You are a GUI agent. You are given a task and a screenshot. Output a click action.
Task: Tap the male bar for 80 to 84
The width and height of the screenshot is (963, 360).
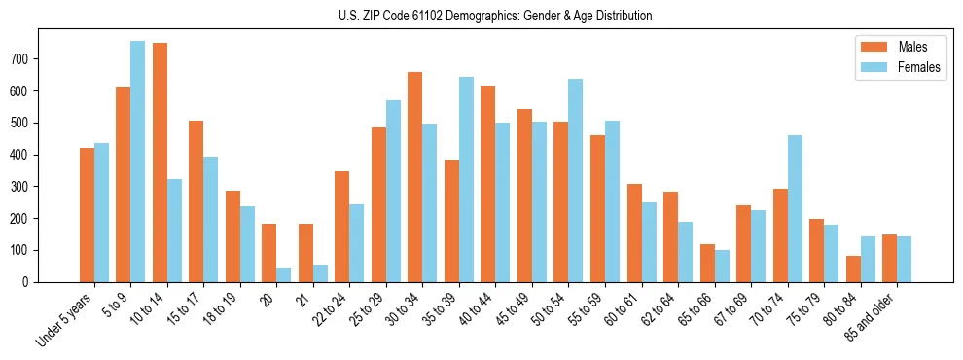853,269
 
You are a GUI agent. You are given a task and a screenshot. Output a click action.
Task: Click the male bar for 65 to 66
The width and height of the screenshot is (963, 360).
707,263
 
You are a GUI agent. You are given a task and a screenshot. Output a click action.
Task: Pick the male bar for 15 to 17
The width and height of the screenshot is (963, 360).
196,201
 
